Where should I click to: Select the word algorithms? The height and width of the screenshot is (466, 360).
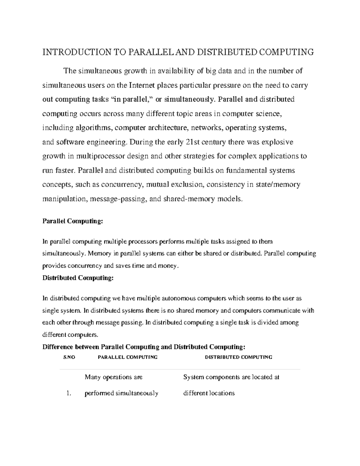tap(94, 128)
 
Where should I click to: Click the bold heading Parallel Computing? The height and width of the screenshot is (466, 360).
tap(73, 221)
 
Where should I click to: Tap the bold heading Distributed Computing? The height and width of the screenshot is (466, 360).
tap(78, 278)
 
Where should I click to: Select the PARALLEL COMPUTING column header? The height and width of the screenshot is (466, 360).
tap(127, 357)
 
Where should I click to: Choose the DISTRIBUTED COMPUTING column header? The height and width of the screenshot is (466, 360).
tap(238, 357)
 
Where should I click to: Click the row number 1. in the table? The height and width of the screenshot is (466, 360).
tap(69, 393)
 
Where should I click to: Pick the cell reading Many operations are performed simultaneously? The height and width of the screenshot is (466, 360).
tap(121, 385)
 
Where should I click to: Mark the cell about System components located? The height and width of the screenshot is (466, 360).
tap(231, 385)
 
